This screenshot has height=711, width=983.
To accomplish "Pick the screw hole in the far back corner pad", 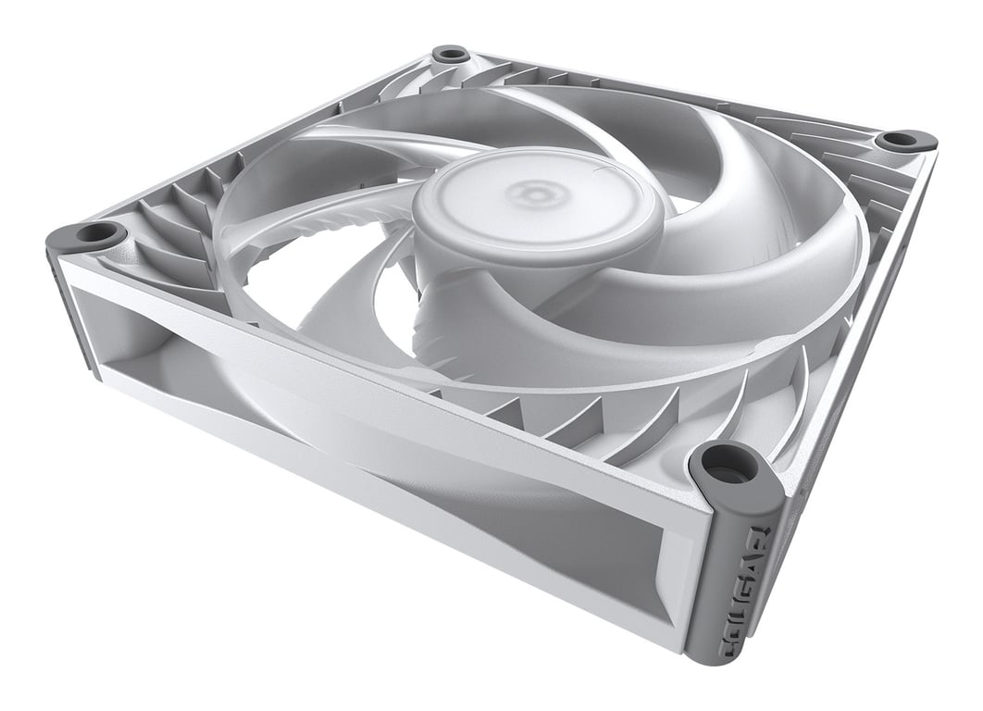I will [x=450, y=53].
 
